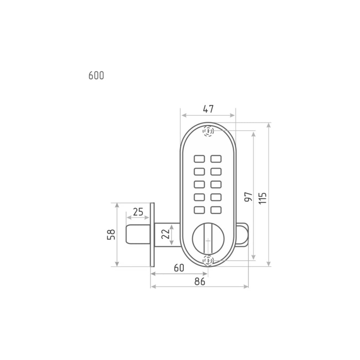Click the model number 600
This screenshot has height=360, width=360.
tap(96, 76)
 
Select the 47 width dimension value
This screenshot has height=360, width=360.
tap(208, 109)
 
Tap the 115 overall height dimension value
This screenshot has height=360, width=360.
tap(262, 198)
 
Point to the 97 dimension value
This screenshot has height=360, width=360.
tap(248, 197)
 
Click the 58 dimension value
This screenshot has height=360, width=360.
tap(111, 234)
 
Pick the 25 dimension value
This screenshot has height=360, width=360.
tap(138, 212)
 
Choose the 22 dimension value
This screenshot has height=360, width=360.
tap(165, 234)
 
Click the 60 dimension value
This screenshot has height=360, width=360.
tap(179, 268)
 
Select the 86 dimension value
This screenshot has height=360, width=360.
tap(200, 282)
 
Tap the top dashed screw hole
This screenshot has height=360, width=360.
tap(208, 131)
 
